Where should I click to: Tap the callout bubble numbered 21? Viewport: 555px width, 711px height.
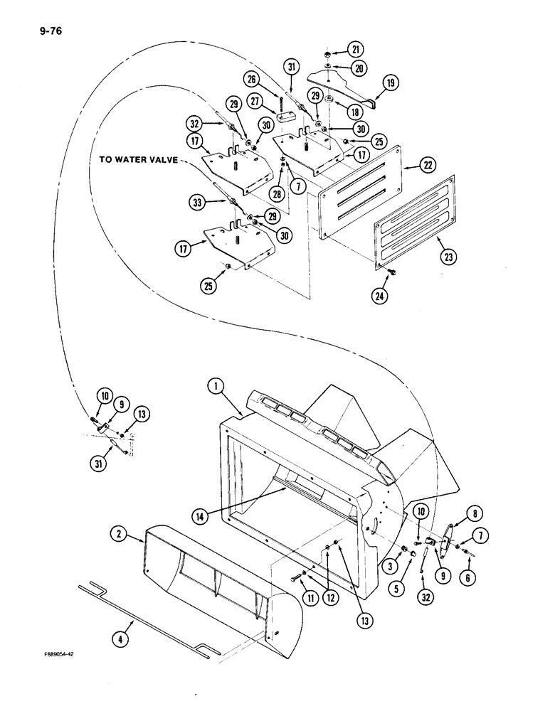click(x=356, y=49)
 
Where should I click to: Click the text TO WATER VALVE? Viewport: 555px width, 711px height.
click(x=139, y=161)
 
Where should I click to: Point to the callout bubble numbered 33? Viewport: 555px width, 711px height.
click(x=200, y=201)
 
